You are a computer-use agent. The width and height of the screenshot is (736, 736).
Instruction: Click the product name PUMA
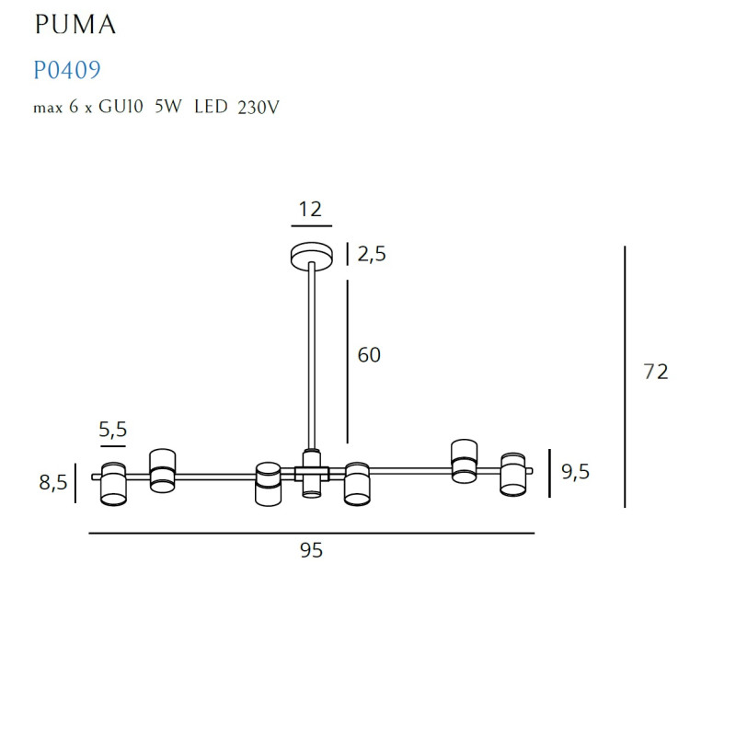coord(75,26)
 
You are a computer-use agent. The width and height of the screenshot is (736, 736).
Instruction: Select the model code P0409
coord(66,70)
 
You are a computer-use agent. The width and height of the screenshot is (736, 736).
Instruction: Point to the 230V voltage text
coord(258,108)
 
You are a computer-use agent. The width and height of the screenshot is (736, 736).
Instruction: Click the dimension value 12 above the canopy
coord(310,209)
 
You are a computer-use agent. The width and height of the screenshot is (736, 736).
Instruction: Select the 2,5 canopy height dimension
coord(371,255)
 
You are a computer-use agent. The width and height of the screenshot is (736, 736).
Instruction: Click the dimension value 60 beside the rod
coord(369,355)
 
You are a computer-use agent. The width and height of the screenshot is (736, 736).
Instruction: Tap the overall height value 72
coord(654,373)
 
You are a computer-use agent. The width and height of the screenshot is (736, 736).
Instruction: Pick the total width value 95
coord(311,551)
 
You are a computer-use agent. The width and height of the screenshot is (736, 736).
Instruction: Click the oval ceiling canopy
coord(312,255)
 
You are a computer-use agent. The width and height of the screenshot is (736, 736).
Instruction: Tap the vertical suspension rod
coord(312,359)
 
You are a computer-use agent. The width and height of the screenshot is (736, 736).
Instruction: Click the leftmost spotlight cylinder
coord(113,483)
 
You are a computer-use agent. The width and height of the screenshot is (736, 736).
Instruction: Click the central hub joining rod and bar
coord(312,473)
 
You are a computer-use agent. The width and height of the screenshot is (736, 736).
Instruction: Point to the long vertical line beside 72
coord(625,377)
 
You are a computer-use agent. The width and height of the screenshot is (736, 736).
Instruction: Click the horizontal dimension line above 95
coord(311,533)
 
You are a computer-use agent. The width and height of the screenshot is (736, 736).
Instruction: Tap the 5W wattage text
coord(168,108)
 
